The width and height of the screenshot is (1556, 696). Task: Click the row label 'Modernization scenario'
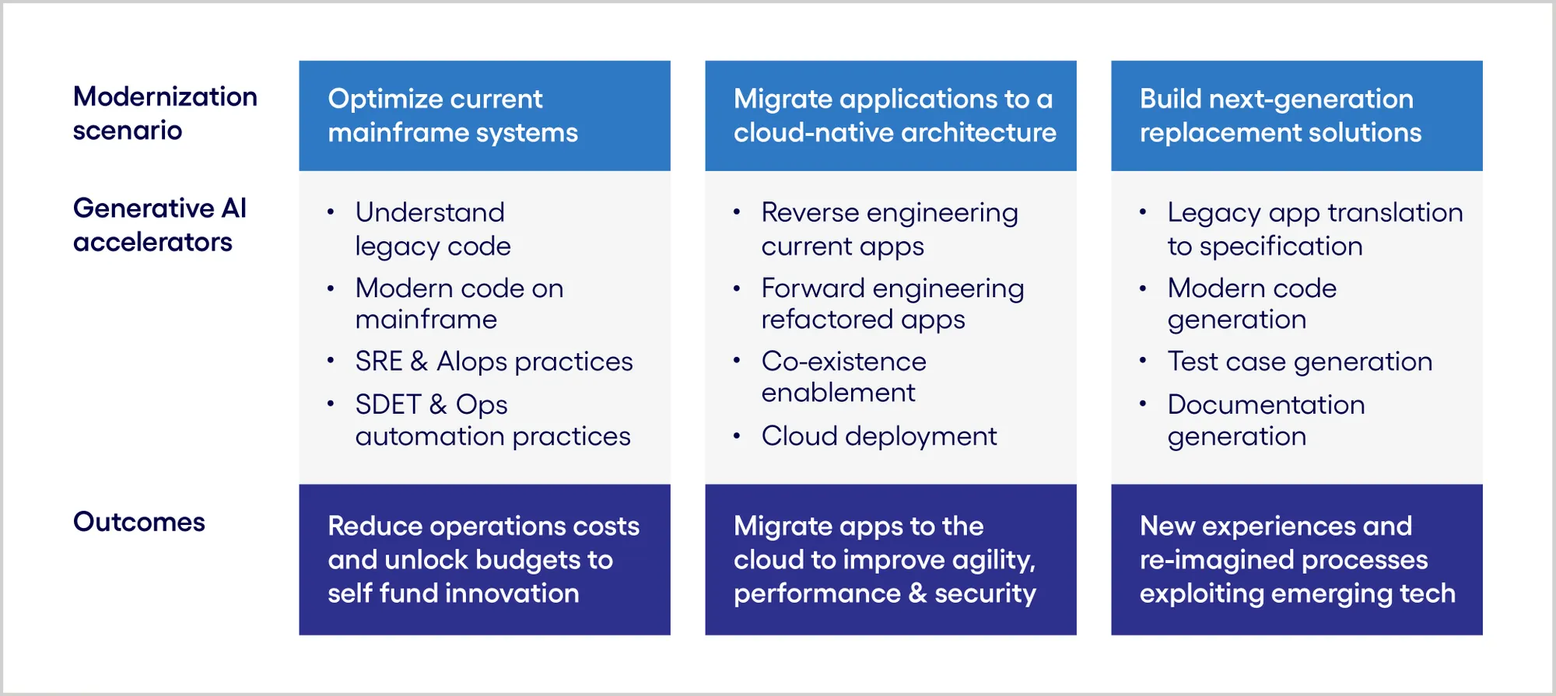click(165, 114)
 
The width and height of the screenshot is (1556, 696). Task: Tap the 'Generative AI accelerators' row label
click(159, 225)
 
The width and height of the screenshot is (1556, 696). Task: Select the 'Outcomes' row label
click(139, 522)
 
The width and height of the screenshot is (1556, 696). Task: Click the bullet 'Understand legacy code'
click(433, 229)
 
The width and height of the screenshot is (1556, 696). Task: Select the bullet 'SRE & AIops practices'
click(494, 362)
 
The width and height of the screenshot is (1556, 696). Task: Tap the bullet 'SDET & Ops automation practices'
click(492, 420)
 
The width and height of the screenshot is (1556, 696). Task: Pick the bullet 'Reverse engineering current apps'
click(889, 229)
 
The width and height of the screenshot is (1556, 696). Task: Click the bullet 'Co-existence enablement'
click(843, 377)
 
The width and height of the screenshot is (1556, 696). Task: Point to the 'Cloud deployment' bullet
click(879, 436)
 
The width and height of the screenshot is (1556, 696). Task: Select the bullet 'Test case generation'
click(1299, 362)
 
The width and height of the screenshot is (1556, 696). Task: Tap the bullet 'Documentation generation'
click(1266, 420)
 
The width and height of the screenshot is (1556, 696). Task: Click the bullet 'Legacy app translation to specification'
click(1315, 229)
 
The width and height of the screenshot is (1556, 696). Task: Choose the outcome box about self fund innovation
click(484, 560)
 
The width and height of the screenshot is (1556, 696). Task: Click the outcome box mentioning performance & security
click(890, 560)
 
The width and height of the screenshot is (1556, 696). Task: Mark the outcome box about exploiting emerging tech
click(1296, 560)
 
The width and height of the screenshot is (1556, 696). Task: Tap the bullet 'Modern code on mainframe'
click(459, 303)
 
